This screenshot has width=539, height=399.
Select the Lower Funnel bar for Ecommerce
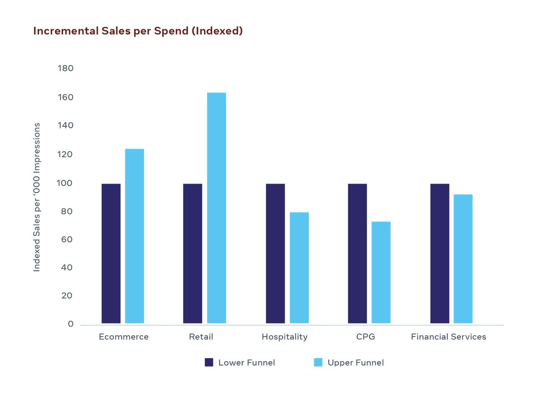point(111,254)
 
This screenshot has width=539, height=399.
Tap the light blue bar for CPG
point(381,272)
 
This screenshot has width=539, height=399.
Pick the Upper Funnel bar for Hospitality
point(299,268)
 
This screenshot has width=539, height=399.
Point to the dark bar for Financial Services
point(440,254)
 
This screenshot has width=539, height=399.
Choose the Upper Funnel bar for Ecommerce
point(134,236)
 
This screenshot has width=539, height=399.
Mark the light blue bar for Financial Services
point(463,259)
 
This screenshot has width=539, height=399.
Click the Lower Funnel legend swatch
point(209,362)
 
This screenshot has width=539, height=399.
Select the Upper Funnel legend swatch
point(318,362)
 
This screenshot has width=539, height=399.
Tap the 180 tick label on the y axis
point(65,68)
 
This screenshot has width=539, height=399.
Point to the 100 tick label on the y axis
point(65,183)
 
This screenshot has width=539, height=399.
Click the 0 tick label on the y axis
point(71,324)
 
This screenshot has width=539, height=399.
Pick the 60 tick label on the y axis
point(67,240)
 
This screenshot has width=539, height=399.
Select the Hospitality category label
point(284,337)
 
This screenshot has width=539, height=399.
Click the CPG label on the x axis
point(365,337)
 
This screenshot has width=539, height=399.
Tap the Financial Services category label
point(448,337)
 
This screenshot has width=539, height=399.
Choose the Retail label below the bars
point(201,337)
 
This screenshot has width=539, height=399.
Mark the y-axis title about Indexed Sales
point(37,197)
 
